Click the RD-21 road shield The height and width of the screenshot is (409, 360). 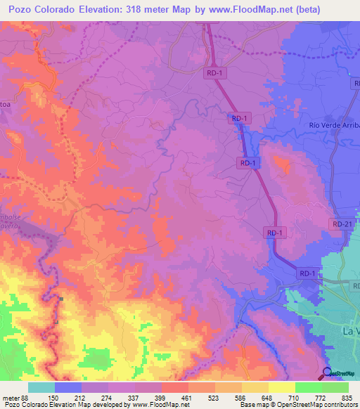point(342,224)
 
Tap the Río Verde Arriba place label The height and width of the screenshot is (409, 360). point(334,125)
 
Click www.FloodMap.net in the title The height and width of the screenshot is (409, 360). point(278,10)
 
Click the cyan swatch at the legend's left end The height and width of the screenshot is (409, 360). point(41,387)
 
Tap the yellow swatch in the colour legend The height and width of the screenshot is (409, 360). point(281,387)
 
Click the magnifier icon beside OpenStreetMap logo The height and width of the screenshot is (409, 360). point(327,373)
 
